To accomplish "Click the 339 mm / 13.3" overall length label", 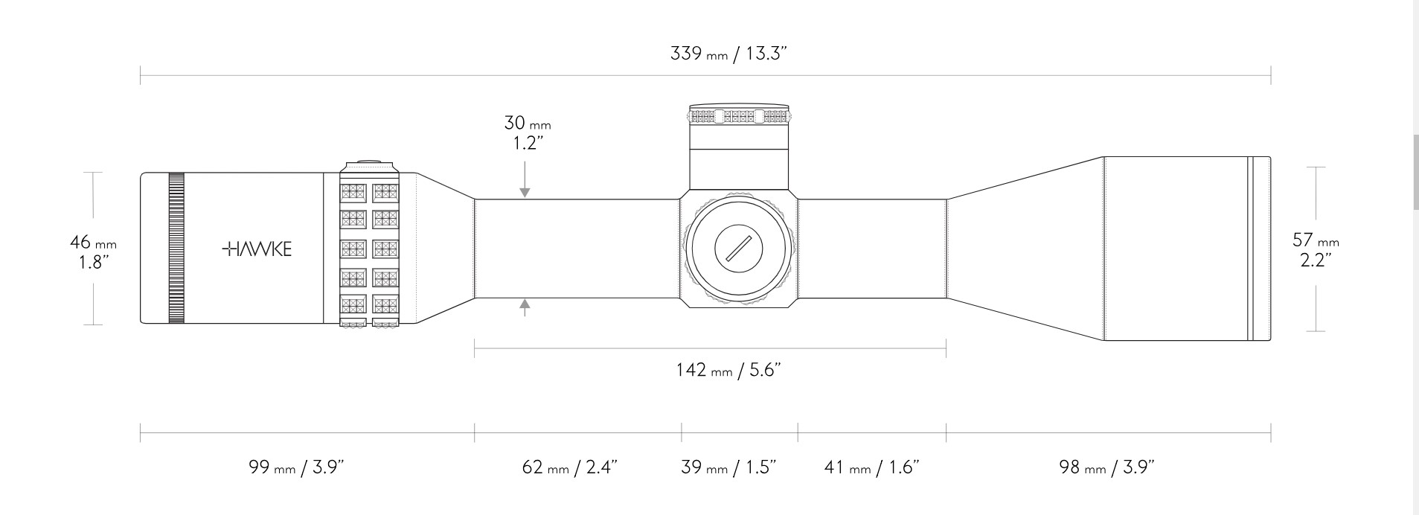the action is click(x=728, y=54).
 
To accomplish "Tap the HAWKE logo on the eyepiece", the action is click(x=257, y=249).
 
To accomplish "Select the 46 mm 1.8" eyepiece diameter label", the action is click(x=93, y=252).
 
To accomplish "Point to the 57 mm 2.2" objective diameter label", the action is click(x=1316, y=250).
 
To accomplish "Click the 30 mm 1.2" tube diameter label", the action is click(x=527, y=132).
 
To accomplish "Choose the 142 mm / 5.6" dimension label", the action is click(x=728, y=370).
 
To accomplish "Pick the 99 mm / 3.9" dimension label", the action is click(x=296, y=467).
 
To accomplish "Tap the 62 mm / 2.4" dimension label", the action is click(x=570, y=467).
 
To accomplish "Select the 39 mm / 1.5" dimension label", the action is click(x=728, y=467).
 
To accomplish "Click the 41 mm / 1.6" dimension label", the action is click(x=872, y=467).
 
